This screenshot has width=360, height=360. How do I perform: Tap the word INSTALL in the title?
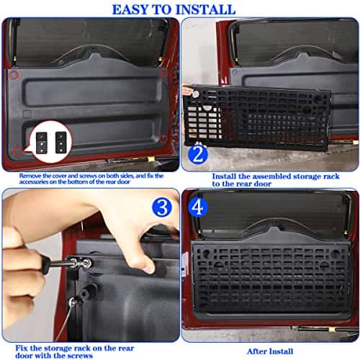click(208, 9)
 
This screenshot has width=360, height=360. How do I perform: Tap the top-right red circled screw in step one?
click(164, 73)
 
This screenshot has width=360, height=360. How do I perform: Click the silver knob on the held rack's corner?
click(191, 91)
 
